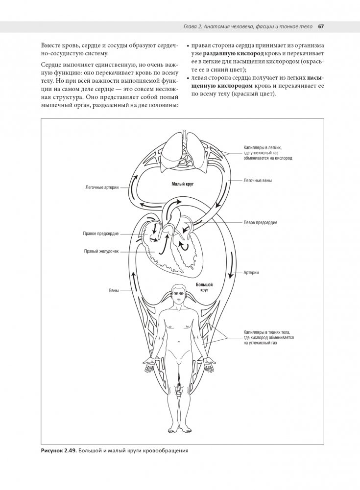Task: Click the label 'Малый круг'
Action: [181, 184]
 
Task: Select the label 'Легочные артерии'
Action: [101, 187]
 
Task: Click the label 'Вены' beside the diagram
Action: [114, 291]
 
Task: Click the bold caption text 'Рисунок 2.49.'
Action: [59, 450]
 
